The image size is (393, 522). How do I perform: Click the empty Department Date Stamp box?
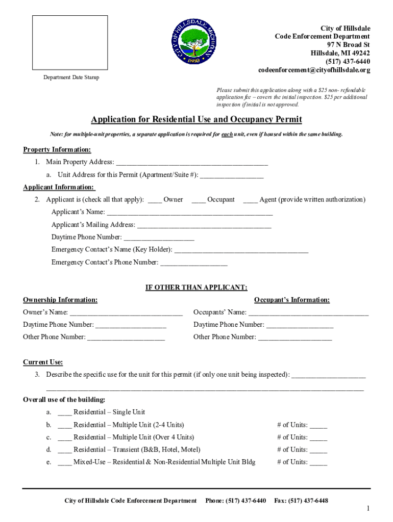tap(70, 42)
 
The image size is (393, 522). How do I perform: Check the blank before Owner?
tap(155, 200)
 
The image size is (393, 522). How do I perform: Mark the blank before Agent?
tap(250, 200)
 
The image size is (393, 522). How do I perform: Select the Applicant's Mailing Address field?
tap(204, 225)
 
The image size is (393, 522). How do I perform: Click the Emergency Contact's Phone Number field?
tap(194, 263)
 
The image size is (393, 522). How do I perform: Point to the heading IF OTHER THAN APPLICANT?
tap(196, 288)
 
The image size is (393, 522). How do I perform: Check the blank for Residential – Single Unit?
tap(65, 413)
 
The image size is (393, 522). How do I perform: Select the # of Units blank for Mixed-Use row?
tap(318, 463)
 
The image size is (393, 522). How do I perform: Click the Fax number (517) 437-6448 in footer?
tap(301, 501)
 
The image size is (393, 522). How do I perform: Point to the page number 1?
tap(367, 509)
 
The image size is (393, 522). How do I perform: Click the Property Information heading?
tap(57, 149)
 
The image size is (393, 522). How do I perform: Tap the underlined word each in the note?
tap(227, 134)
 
